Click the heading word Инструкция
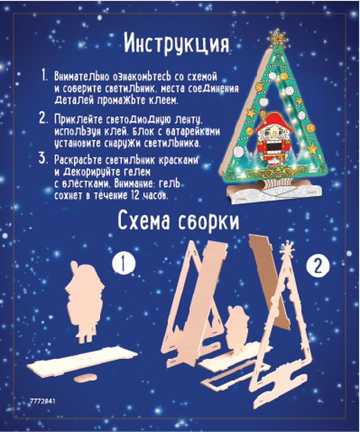click(176, 43)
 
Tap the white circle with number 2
click(318, 266)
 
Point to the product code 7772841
click(43, 401)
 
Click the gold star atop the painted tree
click(278, 38)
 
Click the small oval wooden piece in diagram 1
click(86, 378)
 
